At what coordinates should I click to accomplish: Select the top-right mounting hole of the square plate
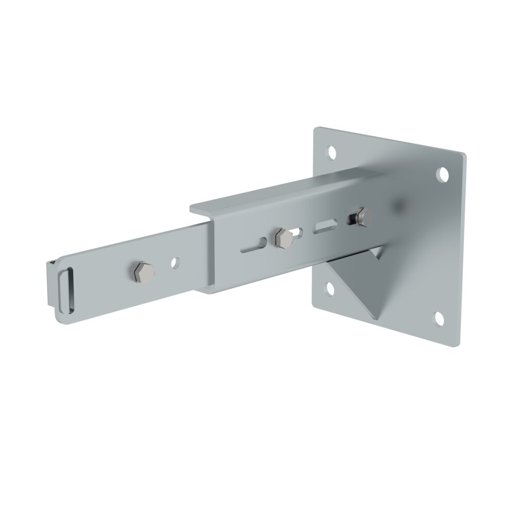click(x=441, y=175)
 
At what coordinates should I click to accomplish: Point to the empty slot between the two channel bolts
click(x=325, y=225)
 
